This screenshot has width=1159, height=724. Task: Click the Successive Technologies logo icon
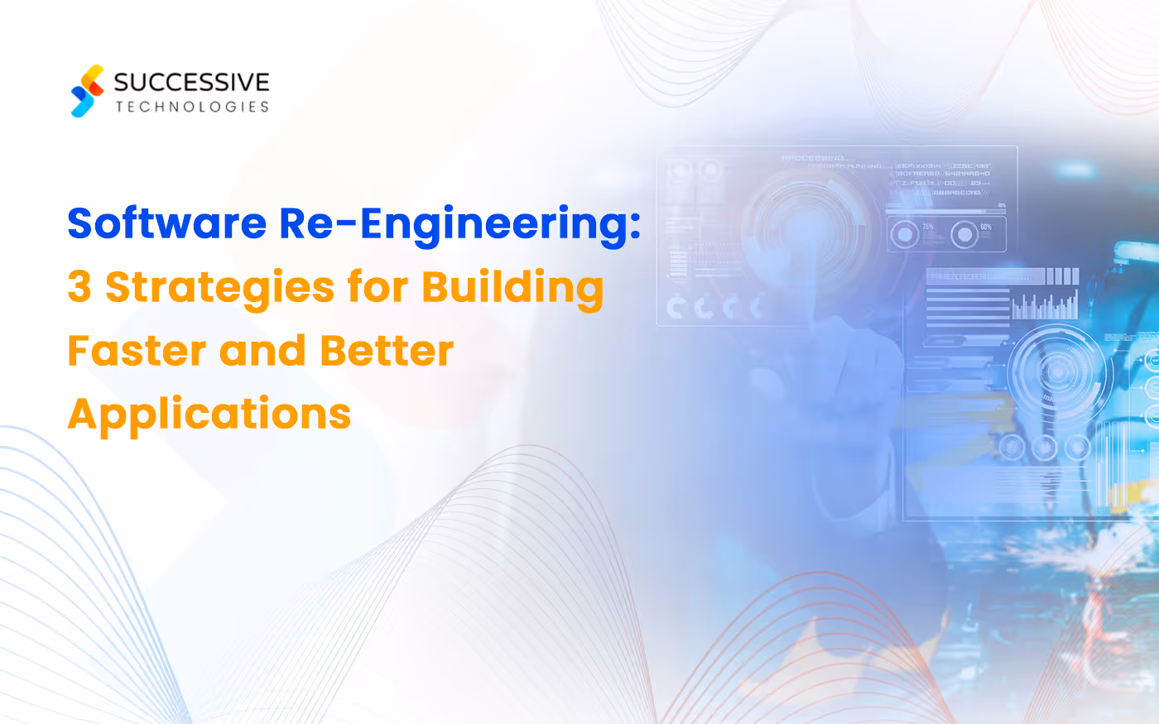(x=88, y=91)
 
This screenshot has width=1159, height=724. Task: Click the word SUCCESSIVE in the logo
(x=191, y=82)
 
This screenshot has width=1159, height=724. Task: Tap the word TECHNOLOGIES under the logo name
(x=192, y=107)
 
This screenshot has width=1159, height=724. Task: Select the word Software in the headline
(x=166, y=223)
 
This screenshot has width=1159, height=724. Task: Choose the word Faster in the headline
(x=136, y=351)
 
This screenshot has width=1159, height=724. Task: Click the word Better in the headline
(x=387, y=351)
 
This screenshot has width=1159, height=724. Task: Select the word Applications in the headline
(x=209, y=415)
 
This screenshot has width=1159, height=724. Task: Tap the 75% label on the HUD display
(x=928, y=227)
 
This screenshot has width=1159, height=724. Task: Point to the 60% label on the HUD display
(x=985, y=227)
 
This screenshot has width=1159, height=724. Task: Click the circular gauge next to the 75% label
(x=904, y=235)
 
